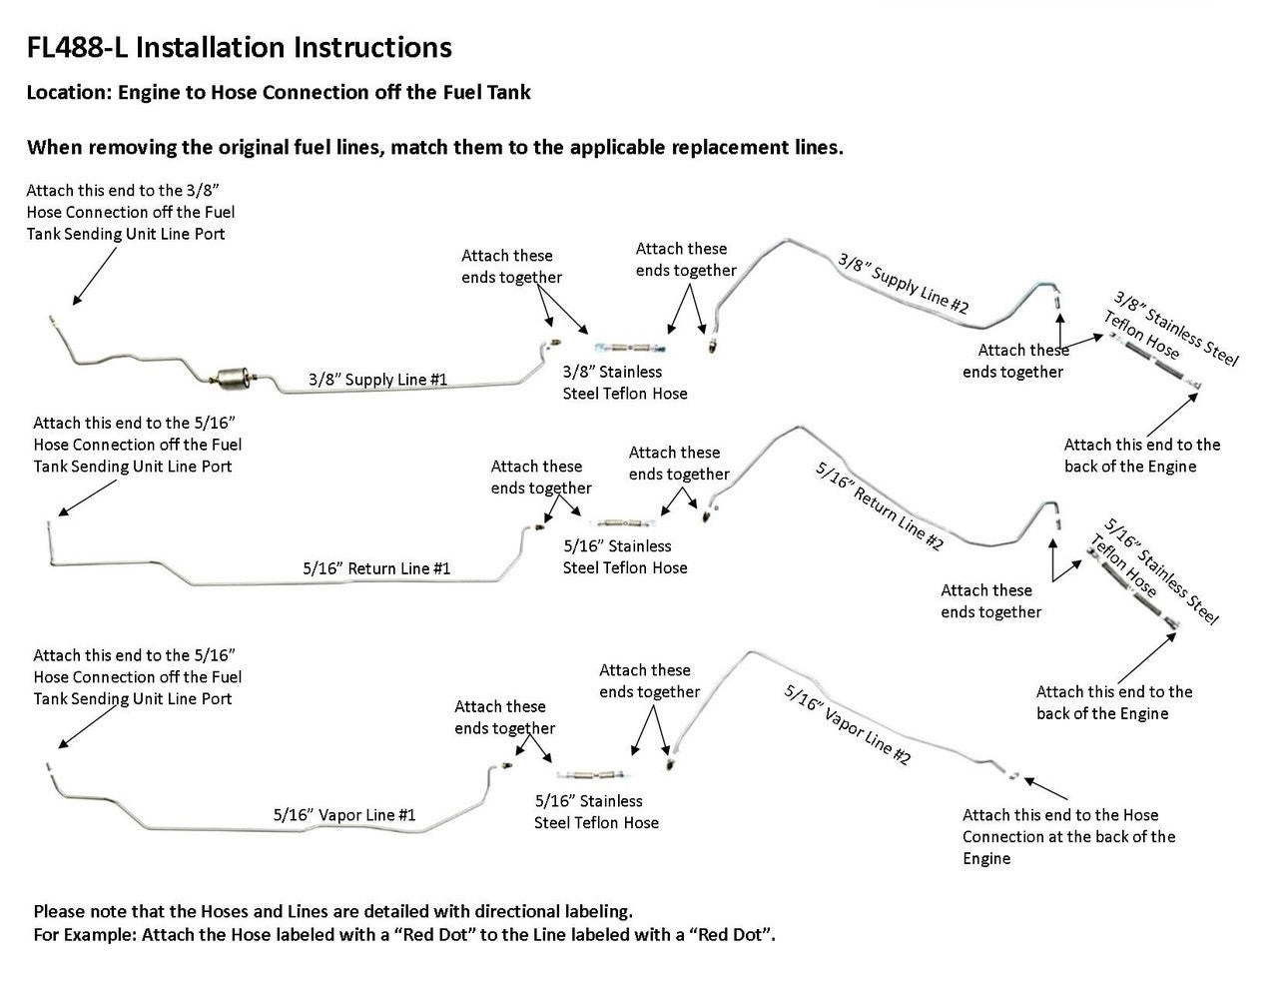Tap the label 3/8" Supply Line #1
point(377,380)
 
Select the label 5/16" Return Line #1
point(376,568)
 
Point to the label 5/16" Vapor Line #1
point(344,815)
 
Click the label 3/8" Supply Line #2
point(903,284)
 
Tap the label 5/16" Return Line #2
point(879,506)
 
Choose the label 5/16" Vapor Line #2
point(848,725)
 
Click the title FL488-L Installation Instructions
point(240,47)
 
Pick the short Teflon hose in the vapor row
point(590,774)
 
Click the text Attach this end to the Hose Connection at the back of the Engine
point(1068,836)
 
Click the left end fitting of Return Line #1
point(51,523)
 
